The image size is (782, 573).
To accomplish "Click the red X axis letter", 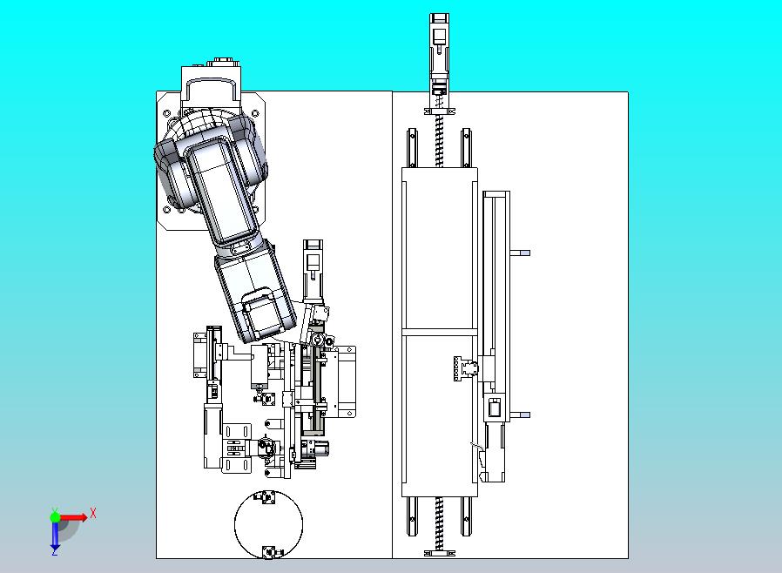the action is [93, 513].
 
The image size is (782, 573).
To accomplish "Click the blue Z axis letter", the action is [55, 552].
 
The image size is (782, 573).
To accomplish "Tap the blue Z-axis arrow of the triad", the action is [55, 535].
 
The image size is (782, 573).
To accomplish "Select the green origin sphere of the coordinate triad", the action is [55, 516].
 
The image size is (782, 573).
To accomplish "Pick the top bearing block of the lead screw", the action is [440, 111].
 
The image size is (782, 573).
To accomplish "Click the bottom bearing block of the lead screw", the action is [440, 553].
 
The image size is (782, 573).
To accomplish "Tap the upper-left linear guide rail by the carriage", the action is [413, 148].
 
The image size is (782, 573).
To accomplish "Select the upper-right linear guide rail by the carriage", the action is [466, 148].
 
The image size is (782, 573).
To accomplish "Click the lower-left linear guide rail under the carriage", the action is [413, 516].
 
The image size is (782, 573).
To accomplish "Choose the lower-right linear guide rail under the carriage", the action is [466, 516].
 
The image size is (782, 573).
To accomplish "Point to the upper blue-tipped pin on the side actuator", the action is [520, 253].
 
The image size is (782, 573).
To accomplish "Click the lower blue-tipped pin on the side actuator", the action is [520, 415].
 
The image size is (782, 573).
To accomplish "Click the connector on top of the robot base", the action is [220, 62].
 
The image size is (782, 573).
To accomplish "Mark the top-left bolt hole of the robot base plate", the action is [167, 113].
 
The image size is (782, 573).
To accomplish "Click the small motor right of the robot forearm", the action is [313, 269].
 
